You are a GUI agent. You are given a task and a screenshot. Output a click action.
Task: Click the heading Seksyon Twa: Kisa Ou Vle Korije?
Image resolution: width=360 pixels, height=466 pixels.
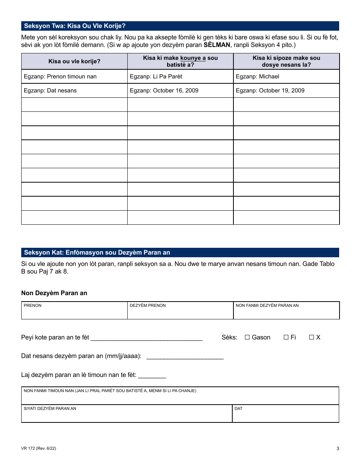pos(75,26)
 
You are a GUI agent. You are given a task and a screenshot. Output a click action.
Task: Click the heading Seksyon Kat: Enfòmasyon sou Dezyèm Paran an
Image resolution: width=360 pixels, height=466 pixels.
pos(97,253)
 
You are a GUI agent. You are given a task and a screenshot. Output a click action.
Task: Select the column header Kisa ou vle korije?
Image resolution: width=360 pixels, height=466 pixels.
pos(74,61)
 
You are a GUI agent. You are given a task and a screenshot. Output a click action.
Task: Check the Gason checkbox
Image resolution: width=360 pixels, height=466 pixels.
pos(247,337)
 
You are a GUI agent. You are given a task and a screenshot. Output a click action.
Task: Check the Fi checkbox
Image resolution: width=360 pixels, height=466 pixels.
pos(286,337)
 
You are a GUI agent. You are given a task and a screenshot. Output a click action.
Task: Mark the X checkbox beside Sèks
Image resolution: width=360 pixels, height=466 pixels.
pos(311,337)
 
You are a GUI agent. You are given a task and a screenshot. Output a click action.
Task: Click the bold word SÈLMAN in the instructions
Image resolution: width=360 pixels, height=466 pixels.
pos(217,45)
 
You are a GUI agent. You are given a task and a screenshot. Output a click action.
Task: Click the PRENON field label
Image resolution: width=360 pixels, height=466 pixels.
pos(33,305)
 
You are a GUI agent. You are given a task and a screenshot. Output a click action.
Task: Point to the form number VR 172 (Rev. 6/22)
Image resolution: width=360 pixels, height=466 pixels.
pos(39,449)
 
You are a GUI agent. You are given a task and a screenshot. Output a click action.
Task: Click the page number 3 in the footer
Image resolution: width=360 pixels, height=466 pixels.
pos(338,449)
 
